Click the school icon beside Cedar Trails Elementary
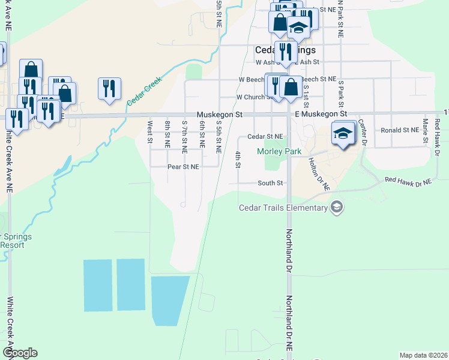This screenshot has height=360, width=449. [337, 208]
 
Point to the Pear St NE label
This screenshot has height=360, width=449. [183, 167]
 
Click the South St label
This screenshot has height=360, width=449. [270, 183]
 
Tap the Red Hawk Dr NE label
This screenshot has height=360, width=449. [408, 180]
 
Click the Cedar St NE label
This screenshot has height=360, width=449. [265, 137]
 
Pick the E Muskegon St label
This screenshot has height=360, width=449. [321, 113]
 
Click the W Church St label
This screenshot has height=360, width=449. [255, 97]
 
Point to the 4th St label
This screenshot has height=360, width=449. [238, 160]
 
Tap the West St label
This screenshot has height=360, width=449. [149, 131]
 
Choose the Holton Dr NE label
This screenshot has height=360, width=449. [318, 174]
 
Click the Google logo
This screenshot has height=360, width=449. [20, 353]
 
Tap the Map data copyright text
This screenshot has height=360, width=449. [423, 355]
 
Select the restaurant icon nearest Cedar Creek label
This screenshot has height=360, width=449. [109, 89]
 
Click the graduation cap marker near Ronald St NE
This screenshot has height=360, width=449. [343, 134]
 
